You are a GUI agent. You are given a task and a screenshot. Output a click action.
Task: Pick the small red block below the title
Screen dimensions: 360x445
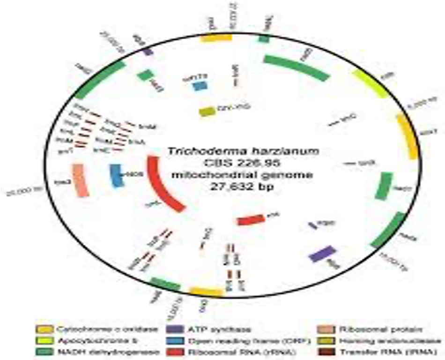(x=251, y=219)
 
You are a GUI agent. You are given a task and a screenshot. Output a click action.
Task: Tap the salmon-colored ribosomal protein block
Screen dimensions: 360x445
(x=80, y=180)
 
